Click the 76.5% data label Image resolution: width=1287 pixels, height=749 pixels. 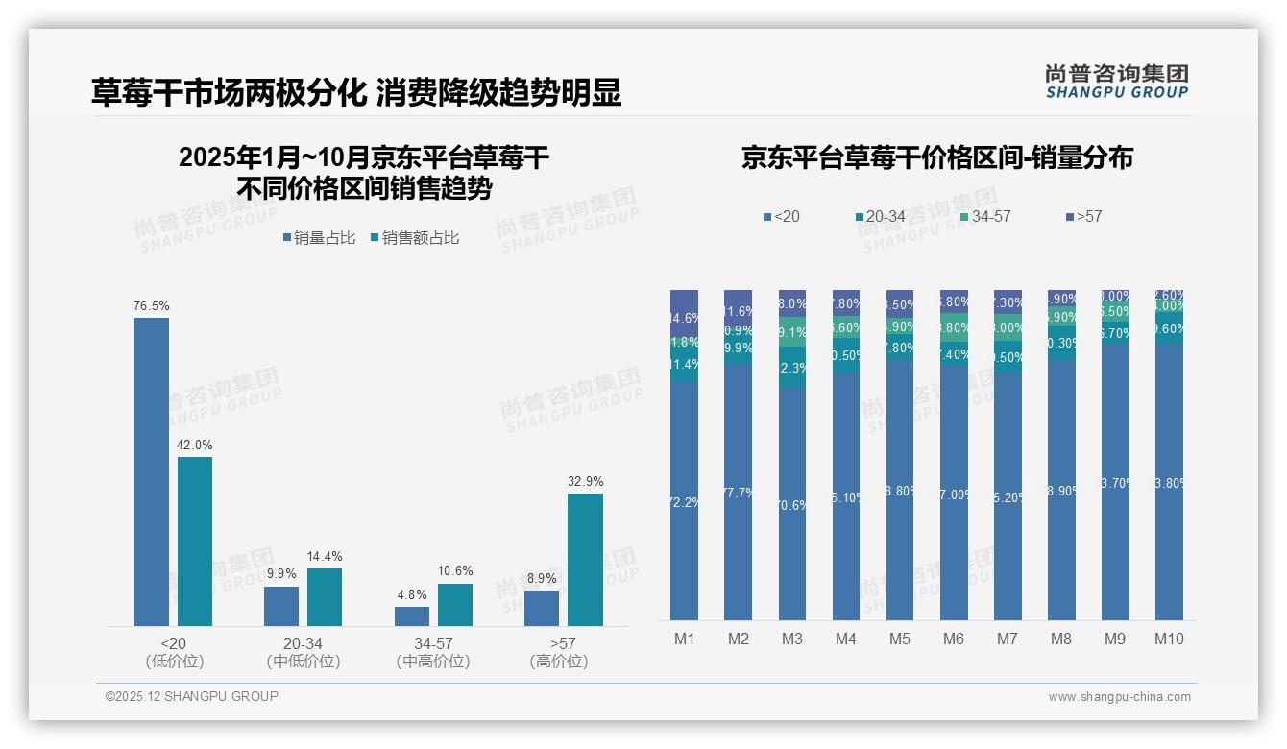pos(151,306)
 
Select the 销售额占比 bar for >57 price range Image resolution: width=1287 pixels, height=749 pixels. pos(585,560)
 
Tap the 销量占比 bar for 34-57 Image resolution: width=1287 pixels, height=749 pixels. pos(412,616)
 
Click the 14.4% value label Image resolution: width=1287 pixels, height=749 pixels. pos(324,557)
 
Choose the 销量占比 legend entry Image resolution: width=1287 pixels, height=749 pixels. pos(319,238)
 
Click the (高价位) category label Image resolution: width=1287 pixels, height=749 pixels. pos(558,662)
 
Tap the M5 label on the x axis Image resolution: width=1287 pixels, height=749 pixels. pos(899,640)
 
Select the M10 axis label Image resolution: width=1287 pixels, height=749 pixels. pos(1169,640)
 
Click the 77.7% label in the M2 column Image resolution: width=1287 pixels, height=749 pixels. pos(738,493)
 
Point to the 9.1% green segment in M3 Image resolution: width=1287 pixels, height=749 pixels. pos(791,334)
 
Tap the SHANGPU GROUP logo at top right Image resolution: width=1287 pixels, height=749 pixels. pos(1116,82)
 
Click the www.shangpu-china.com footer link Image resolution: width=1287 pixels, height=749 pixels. pos(1119,697)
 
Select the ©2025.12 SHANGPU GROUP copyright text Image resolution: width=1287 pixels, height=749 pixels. pos(192,696)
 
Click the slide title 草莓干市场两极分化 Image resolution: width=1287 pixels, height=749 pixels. pos(229,93)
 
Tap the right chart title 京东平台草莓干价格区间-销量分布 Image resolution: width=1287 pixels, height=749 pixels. pos(936,157)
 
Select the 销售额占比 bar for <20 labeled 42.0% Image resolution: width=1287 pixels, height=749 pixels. pos(195,542)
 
